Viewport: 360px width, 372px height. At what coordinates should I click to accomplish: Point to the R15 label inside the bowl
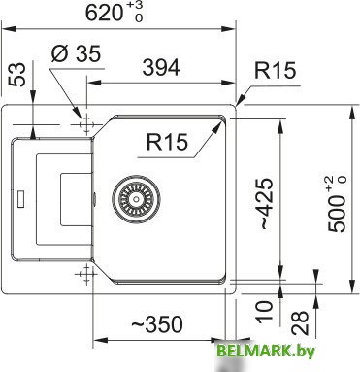[168, 143]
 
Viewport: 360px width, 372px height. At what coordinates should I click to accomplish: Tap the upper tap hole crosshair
[87, 124]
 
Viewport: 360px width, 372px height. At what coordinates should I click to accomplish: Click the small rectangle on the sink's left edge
[17, 203]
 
